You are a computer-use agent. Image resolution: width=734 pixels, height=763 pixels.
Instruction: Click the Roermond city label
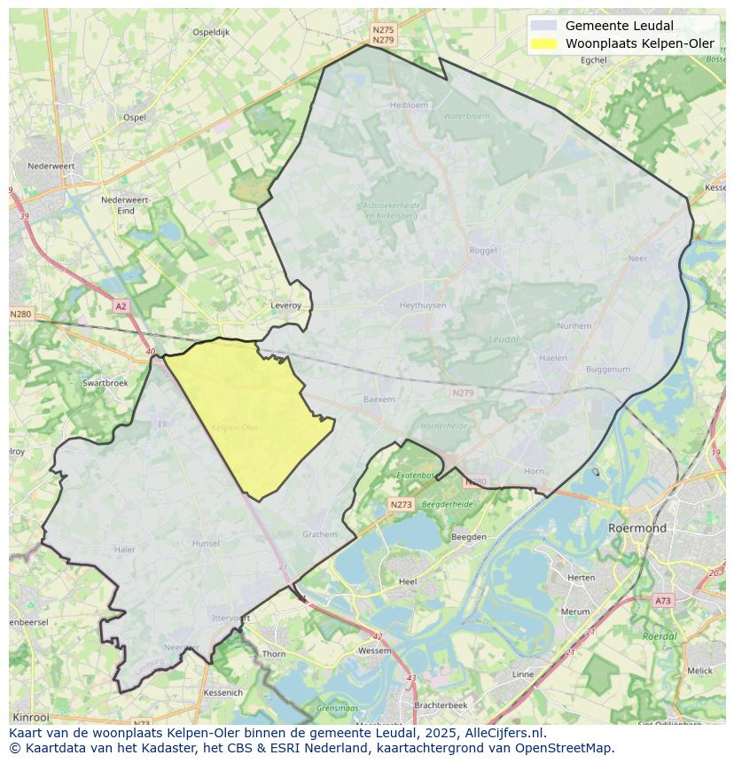pyautogui.click(x=636, y=528)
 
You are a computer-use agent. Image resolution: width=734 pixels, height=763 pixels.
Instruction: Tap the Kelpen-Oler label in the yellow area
pyautogui.click(x=235, y=427)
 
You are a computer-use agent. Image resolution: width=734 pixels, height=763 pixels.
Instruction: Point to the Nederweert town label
pyautogui.click(x=51, y=166)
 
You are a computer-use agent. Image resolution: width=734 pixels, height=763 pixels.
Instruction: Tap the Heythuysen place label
pyautogui.click(x=423, y=305)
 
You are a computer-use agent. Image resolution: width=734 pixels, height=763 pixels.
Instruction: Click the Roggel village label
pyautogui.click(x=483, y=251)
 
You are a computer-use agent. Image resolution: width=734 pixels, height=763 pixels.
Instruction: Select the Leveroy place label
pyautogui.click(x=285, y=306)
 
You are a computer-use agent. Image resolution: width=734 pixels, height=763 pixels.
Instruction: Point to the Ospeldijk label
pyautogui.click(x=211, y=32)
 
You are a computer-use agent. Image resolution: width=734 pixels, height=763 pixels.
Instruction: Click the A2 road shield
pyautogui.click(x=121, y=306)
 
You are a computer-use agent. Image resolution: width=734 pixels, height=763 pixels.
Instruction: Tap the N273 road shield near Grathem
pyautogui.click(x=401, y=504)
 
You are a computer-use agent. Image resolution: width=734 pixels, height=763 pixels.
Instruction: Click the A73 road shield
pyautogui.click(x=662, y=601)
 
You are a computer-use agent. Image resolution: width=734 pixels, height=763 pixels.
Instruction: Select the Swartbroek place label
pyautogui.click(x=105, y=383)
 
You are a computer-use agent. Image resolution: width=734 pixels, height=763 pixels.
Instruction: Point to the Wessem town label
pyautogui.click(x=373, y=650)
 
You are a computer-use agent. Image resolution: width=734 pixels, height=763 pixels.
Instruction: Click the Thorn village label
pyautogui.click(x=274, y=654)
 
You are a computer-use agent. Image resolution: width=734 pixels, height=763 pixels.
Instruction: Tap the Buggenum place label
pyautogui.click(x=607, y=370)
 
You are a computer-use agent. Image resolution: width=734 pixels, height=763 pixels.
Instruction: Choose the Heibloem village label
pyautogui.click(x=409, y=105)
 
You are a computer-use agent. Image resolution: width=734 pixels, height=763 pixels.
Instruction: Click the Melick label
pyautogui.click(x=699, y=670)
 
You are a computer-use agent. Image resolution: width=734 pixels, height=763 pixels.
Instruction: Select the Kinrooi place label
pyautogui.click(x=31, y=717)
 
